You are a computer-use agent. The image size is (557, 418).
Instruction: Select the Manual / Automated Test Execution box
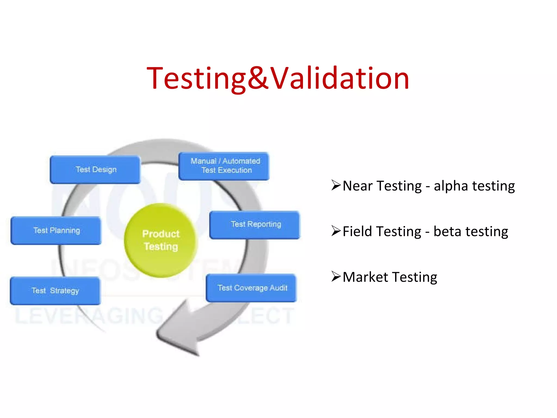tap(224, 166)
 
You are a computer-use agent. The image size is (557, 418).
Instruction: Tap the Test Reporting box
tap(255, 225)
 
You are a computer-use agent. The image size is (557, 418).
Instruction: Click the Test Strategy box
tap(55, 291)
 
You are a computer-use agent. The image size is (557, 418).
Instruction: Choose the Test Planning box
tap(56, 230)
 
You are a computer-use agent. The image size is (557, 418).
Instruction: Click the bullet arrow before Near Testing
tap(336, 185)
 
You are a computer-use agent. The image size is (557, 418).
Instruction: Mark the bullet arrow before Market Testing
tap(336, 276)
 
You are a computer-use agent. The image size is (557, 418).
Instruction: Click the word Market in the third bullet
tap(365, 277)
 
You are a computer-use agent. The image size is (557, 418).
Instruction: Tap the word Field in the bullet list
tap(357, 232)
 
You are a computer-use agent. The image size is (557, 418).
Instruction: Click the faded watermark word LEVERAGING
tap(90, 316)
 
